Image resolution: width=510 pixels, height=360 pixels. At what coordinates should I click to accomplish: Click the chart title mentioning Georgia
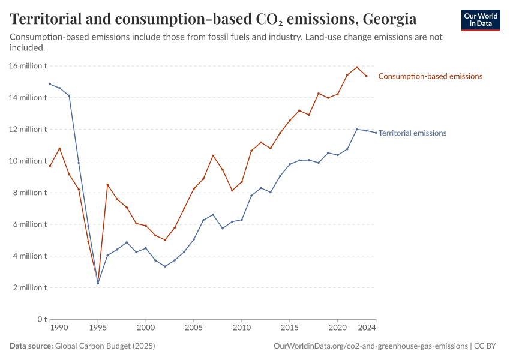213,19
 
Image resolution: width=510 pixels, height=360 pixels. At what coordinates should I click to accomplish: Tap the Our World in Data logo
480,20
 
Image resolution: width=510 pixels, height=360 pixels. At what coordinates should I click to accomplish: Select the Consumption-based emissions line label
430,76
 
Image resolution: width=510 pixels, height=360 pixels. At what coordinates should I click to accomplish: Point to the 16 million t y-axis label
28,66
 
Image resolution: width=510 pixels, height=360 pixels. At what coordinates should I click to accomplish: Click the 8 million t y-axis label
30,193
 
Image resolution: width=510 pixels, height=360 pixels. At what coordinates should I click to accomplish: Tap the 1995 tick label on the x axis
98,328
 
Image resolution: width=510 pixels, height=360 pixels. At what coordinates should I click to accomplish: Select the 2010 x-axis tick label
242,328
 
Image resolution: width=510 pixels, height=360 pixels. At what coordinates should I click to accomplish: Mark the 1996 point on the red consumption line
107,185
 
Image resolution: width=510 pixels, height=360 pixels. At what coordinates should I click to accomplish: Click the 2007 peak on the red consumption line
213,155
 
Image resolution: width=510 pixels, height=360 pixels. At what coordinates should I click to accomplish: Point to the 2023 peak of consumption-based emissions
357,67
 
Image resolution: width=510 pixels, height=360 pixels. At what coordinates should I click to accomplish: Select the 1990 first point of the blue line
50,84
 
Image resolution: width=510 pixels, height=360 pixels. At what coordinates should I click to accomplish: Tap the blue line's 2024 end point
376,133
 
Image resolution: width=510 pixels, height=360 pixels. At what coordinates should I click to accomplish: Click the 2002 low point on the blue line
165,266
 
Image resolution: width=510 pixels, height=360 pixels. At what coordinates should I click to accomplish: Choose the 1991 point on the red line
59,148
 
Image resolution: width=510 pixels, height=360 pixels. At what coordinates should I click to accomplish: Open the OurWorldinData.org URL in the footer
370,346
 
